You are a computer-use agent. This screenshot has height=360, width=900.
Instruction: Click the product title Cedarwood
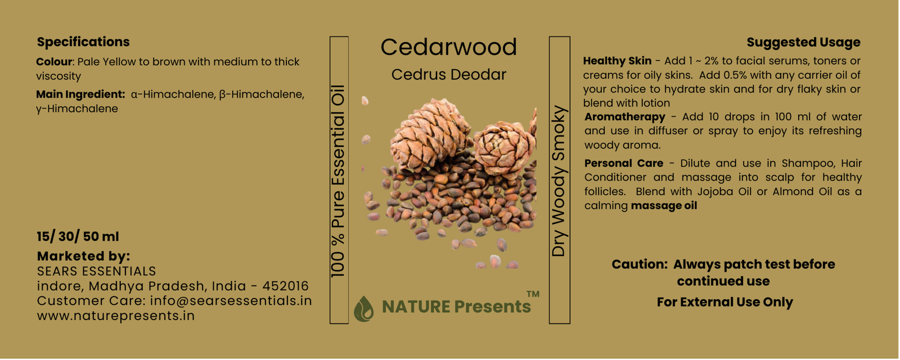coord(448,47)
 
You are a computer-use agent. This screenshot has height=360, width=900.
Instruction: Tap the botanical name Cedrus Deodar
coord(448,74)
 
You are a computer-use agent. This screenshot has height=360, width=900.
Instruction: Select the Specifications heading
coord(83,42)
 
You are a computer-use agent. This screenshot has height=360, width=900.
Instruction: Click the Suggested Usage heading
coord(803,42)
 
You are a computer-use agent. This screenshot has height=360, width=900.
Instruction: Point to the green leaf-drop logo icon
coord(363,309)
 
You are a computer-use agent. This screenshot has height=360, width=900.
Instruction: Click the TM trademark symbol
coord(533,294)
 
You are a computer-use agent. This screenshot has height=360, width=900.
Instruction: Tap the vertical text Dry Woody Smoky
coord(559,181)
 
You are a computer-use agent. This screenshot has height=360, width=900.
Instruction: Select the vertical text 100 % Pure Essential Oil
coord(338,181)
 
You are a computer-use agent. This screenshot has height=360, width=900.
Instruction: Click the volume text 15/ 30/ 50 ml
coord(78,236)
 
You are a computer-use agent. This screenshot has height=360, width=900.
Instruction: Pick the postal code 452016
coord(285,286)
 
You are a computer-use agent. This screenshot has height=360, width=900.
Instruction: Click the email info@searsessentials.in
coord(231,301)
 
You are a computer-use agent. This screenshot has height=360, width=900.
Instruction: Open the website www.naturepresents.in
coord(116,316)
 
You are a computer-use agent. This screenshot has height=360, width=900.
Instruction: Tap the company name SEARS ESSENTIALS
coord(96,271)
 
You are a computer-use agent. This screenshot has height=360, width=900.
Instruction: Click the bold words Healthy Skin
coord(617,61)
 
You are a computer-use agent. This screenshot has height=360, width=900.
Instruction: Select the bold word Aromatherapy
coord(625,117)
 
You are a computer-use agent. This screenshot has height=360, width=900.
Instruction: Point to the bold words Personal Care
coord(624,163)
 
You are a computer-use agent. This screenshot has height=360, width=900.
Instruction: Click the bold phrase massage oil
coord(664,206)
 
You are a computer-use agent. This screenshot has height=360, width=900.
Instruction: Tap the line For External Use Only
coord(725,302)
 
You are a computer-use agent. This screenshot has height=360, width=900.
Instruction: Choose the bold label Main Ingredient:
coord(80,94)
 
